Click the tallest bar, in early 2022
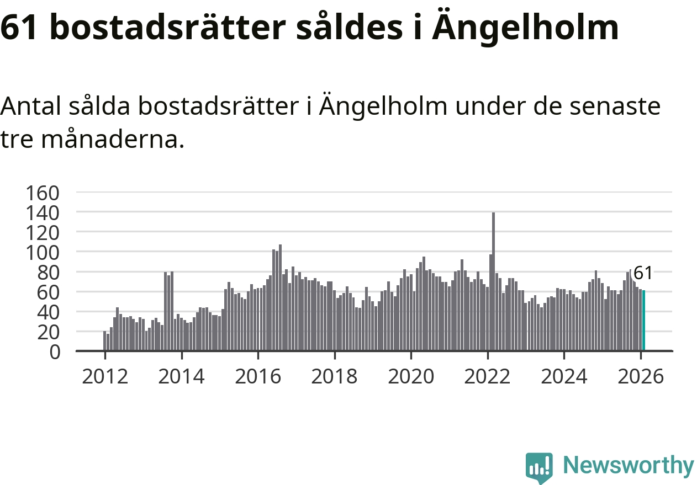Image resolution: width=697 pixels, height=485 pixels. pos(493,281)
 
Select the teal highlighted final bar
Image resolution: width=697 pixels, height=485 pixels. pos(643,321)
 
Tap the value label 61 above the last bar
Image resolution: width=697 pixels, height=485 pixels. pos(643,273)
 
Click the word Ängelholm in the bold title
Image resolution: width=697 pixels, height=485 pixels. pos(525,28)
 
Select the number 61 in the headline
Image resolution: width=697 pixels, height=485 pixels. pos(19,28)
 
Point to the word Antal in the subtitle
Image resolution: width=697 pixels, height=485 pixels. pos(33,106)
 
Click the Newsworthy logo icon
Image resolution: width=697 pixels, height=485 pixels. pos(539,467)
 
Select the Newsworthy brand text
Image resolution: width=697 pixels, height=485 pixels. pos(628,466)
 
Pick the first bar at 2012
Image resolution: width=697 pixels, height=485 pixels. pos(104,341)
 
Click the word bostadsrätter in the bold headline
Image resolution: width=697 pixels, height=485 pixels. pos(166,28)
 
